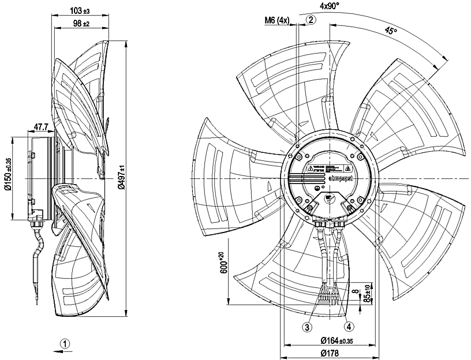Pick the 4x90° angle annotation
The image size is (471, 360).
point(330,7)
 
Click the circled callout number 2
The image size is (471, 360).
point(311,20)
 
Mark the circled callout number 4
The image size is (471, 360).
point(350,325)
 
